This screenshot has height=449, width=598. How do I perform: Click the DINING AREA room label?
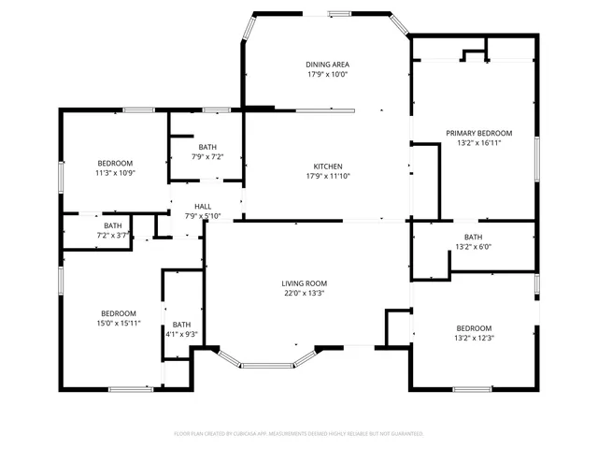point(327,65)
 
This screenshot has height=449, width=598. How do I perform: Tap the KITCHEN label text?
point(327,166)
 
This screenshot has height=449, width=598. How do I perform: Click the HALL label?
point(203,207)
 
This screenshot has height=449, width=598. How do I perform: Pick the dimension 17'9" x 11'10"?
point(327,176)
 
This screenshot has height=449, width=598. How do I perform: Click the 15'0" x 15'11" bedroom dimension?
point(119,323)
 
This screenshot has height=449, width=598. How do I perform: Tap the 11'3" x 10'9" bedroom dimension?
point(115,173)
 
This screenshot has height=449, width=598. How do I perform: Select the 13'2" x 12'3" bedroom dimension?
point(474,338)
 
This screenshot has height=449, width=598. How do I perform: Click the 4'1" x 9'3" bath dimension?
point(180,334)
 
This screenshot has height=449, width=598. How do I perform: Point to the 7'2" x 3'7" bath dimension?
point(113,235)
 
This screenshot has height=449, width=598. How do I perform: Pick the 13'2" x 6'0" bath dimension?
point(474,247)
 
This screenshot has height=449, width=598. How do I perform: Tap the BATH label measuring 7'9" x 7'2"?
point(207,147)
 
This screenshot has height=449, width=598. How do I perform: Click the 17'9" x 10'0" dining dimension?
point(327,75)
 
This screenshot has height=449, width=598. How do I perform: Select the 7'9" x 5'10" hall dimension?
point(203,216)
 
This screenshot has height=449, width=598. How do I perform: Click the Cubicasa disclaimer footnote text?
point(299,434)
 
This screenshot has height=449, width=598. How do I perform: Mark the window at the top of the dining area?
point(338,13)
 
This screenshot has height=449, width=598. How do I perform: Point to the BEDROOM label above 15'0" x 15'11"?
point(119,313)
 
